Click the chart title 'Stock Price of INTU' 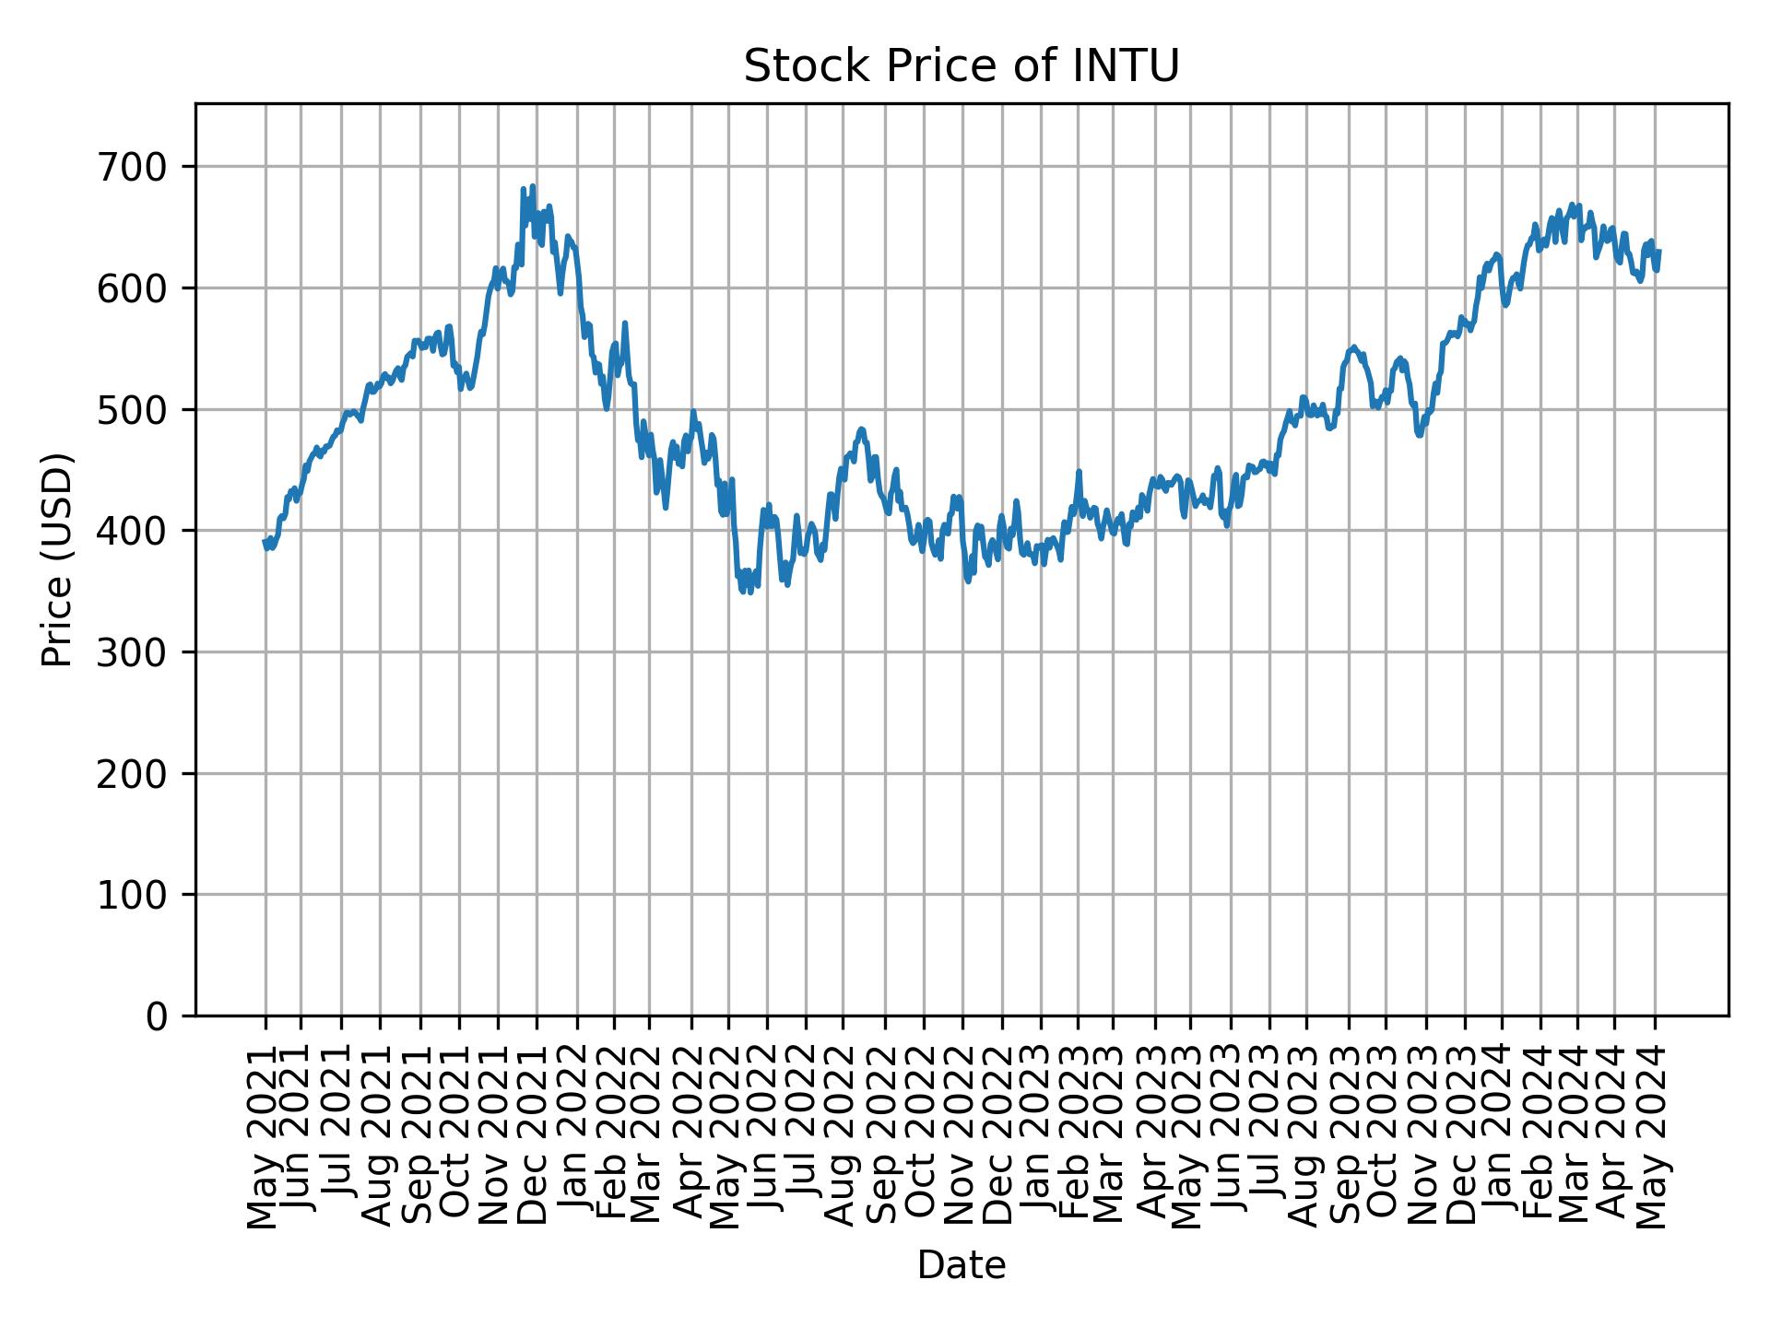(x=962, y=67)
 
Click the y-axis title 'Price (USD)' (x=57, y=559)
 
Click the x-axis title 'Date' (x=962, y=1266)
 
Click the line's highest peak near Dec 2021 (x=532, y=186)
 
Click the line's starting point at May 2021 (x=265, y=542)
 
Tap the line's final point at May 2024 (x=1658, y=251)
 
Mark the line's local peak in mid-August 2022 (x=861, y=429)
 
